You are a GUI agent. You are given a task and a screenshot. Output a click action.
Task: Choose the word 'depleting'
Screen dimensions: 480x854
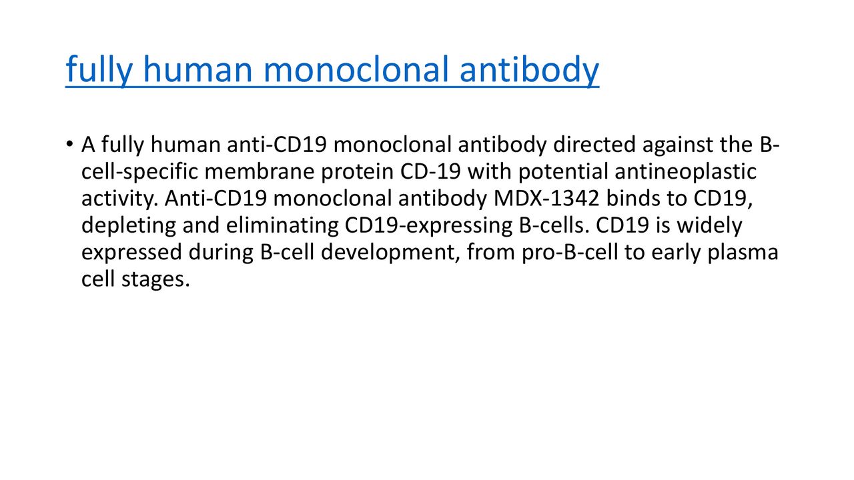pyautogui.click(x=128, y=227)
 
